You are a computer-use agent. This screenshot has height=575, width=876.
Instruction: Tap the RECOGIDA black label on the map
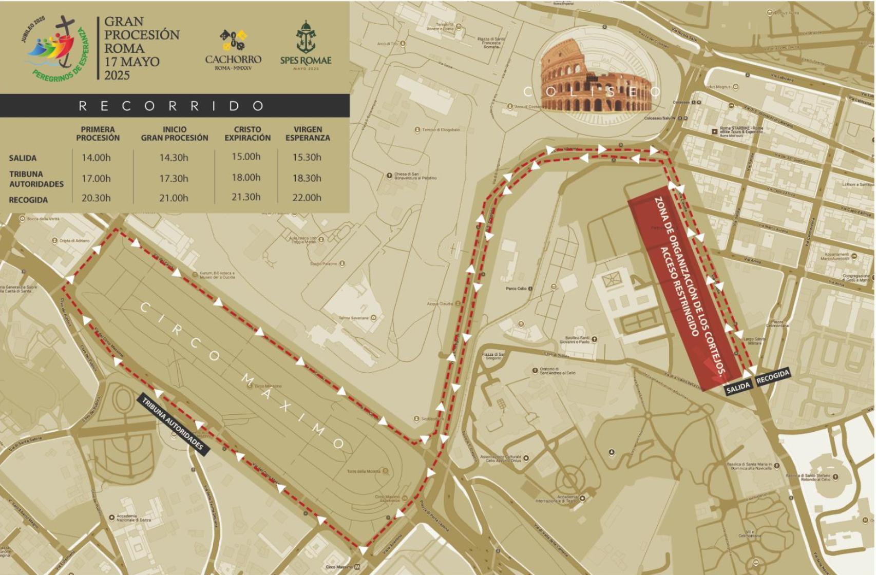pos(773,376)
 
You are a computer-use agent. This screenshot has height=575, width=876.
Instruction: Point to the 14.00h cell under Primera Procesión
pos(96,158)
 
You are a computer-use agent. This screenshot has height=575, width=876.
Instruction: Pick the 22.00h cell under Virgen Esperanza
pos(307,198)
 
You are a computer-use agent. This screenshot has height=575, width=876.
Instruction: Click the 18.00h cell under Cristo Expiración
pos(246,178)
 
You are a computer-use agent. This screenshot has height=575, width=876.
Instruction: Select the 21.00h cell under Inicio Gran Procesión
pos(174,198)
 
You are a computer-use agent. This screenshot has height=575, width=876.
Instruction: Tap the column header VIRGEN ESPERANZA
pos(308,133)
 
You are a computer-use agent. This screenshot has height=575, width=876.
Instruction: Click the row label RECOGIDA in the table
pos(28,200)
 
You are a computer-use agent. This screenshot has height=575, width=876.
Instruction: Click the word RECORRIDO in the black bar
pos(172,106)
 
